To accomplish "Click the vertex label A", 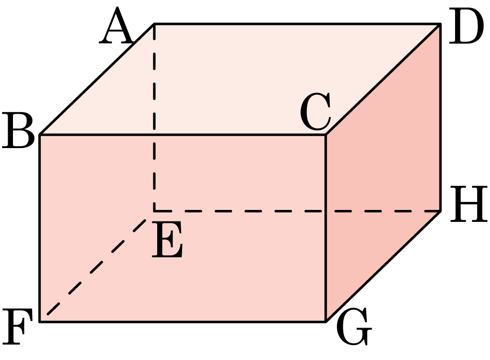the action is point(117,25).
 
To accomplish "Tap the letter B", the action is point(18,130).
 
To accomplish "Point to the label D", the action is point(466,26).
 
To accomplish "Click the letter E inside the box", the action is point(167,239).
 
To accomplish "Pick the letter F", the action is point(17,327).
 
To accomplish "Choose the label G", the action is point(354,327).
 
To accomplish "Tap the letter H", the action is point(469,204).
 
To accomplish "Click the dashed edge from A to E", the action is point(154,117).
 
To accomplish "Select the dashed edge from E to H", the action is point(297,211).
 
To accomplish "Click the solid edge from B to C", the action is point(183,135).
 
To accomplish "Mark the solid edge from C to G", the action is point(326,228).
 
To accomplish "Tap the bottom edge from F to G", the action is point(183,322).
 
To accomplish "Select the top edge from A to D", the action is point(297,24).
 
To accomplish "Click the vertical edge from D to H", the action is point(440,117).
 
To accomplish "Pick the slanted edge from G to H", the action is point(383,266).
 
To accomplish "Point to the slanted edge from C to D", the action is point(383,79).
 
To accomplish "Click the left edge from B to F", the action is point(40,228).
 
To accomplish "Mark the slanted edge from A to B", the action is point(97,79).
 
